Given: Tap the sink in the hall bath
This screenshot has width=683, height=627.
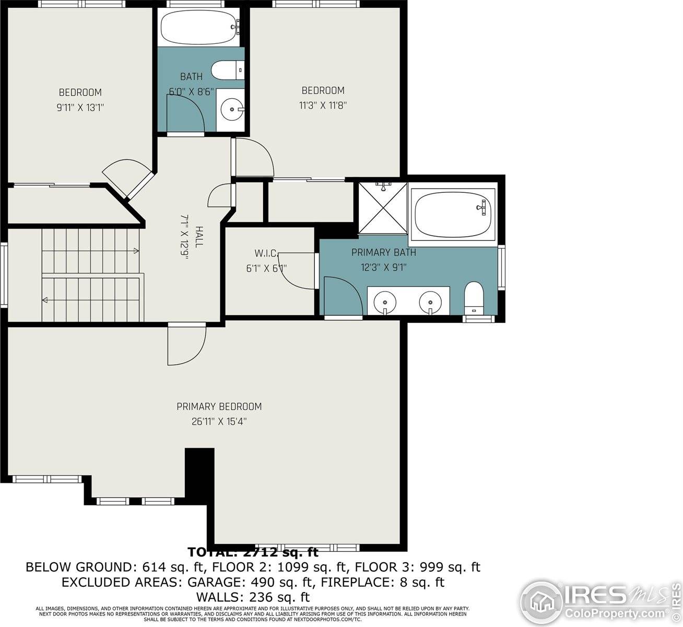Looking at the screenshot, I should click(x=231, y=110).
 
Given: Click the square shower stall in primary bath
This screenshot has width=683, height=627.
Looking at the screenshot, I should click(x=382, y=208).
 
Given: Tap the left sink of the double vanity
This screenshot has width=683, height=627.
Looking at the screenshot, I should click(x=385, y=301).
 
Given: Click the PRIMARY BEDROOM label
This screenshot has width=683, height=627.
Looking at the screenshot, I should click(x=219, y=407).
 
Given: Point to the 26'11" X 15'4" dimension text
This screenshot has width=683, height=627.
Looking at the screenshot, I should click(x=219, y=422).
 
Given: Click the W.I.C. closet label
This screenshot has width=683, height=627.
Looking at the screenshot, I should click(x=265, y=253).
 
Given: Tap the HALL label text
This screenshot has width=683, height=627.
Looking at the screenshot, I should click(x=199, y=237).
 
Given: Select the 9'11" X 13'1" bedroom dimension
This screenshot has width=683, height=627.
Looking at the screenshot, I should click(x=80, y=108).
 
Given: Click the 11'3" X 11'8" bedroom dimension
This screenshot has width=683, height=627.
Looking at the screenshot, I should click(x=323, y=105).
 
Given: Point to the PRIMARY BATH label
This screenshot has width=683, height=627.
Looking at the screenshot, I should click(x=383, y=253).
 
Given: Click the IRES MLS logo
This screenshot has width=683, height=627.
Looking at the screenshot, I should click(x=600, y=601).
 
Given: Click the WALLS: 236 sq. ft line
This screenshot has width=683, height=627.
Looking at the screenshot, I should click(x=253, y=597).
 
